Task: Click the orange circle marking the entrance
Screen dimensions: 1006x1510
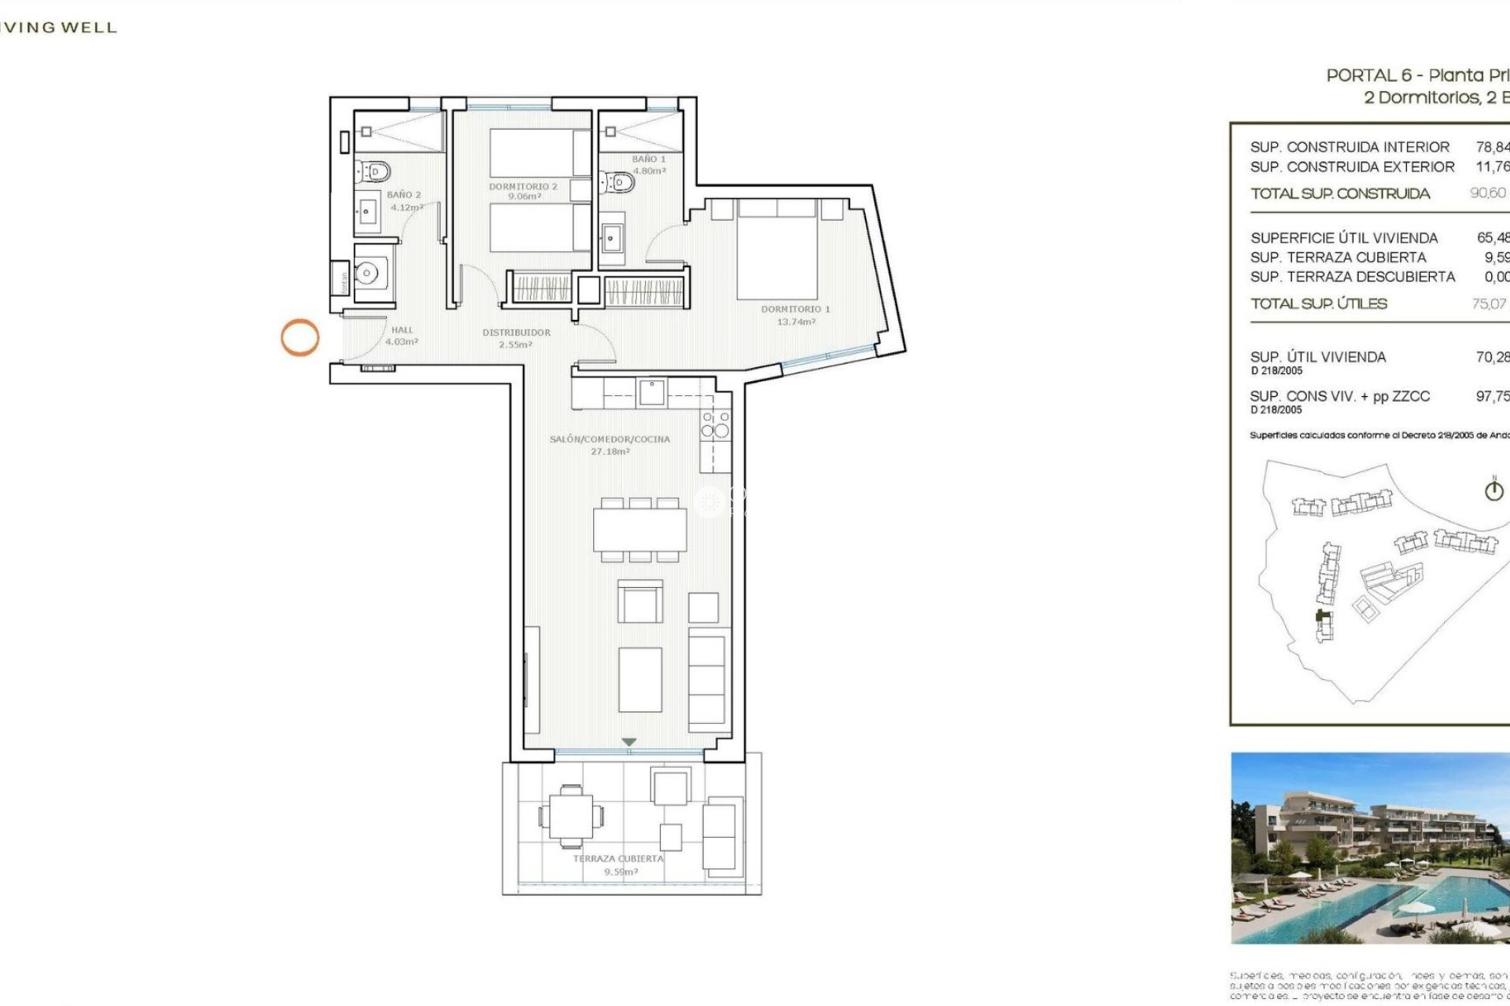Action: pos(300,338)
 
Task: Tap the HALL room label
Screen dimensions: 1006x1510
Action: pos(402,336)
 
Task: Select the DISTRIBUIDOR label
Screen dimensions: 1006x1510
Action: pos(516,338)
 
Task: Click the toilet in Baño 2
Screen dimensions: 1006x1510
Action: pos(374,170)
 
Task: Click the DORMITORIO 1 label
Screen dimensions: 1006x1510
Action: pos(795,314)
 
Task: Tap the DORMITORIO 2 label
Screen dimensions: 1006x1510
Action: pos(523,191)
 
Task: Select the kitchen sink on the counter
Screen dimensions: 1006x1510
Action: pos(651,391)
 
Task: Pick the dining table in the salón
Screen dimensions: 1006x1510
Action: pos(639,529)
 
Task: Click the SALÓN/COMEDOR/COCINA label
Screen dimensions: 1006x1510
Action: pos(610,445)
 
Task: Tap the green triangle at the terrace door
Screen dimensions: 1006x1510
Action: pos(628,742)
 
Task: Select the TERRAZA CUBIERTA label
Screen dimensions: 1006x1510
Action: pos(619,865)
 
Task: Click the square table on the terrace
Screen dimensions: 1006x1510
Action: pos(571,817)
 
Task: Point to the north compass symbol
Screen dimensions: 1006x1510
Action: pos(1493,490)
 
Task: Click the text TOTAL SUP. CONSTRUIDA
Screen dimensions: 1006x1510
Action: pos(1340,193)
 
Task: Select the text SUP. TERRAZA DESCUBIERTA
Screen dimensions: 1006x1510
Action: pos(1352,277)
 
